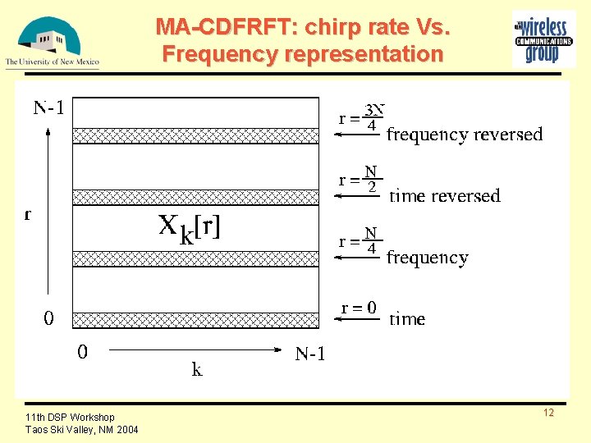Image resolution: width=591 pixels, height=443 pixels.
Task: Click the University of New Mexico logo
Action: click(52, 41)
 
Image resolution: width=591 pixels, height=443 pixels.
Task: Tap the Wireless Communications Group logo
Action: click(543, 38)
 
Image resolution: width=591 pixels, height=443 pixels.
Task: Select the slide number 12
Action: click(548, 413)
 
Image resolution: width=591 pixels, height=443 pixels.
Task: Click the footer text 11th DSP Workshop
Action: click(70, 418)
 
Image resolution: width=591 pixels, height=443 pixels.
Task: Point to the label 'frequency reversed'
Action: click(465, 135)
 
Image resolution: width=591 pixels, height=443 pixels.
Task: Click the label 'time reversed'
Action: click(444, 196)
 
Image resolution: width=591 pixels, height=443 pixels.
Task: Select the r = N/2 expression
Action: click(360, 180)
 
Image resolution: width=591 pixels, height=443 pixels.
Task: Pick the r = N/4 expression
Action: click(360, 241)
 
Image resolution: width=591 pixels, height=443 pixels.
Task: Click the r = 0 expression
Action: click(360, 308)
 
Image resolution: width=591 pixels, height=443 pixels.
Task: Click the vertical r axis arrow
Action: click(48, 213)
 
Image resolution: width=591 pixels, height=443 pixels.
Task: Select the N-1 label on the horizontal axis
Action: click(310, 354)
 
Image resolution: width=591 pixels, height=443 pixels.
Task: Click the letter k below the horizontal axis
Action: click(197, 370)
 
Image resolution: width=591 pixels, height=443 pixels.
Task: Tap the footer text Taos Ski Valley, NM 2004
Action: click(82, 430)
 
